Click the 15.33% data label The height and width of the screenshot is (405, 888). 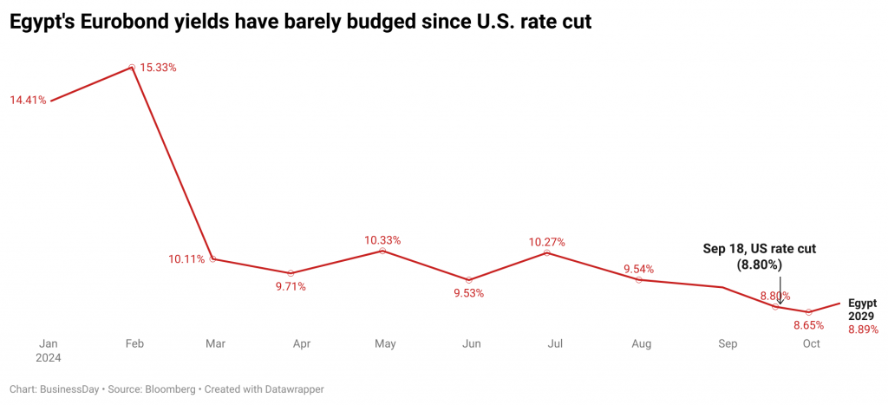[x=159, y=68]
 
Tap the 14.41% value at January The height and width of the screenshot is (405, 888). [x=28, y=101]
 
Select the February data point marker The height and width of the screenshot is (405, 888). [x=132, y=66]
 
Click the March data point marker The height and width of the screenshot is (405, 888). [x=212, y=258]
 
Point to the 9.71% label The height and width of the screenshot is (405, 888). [x=291, y=287]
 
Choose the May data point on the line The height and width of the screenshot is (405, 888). [x=382, y=251]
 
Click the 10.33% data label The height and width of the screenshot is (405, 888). [x=382, y=239]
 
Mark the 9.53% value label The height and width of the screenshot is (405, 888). [x=468, y=293]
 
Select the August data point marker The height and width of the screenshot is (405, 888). [x=639, y=279]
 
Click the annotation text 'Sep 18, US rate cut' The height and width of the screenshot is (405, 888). [x=759, y=249]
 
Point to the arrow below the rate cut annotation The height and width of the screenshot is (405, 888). [x=780, y=291]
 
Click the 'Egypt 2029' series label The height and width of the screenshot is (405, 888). [x=862, y=310]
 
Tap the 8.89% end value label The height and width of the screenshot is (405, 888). [x=863, y=330]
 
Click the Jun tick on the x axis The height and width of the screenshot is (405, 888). [x=471, y=344]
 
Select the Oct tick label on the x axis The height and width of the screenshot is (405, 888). [x=811, y=344]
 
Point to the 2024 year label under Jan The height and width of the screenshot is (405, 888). [x=49, y=357]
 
